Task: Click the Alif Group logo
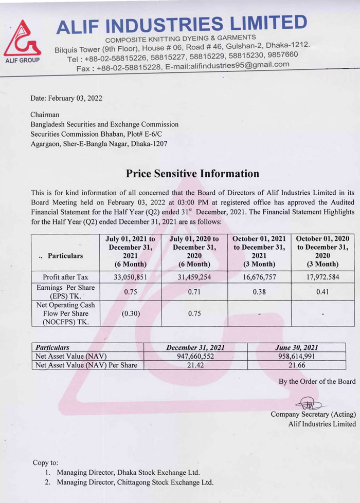click(22, 40)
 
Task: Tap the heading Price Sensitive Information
click(192, 174)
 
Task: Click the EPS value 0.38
click(259, 292)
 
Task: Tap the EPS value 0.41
click(322, 292)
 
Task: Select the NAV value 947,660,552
click(195, 356)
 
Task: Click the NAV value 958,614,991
click(301, 356)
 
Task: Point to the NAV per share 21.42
click(195, 365)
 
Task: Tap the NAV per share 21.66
click(301, 365)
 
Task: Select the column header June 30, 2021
click(301, 347)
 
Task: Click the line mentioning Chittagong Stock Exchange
click(135, 482)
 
